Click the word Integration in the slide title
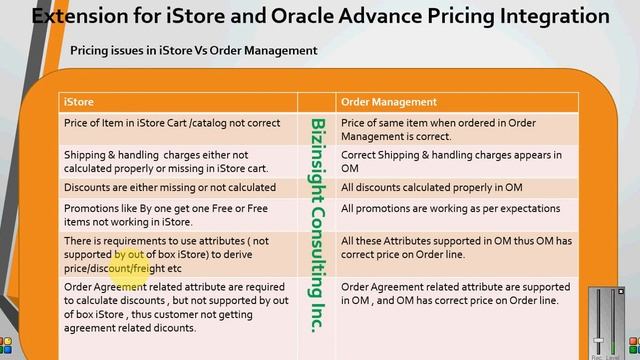pos(541,16)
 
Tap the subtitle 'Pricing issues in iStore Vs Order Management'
pos(193,50)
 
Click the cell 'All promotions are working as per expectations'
pos(450,208)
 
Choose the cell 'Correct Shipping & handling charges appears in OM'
pos(451,162)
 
